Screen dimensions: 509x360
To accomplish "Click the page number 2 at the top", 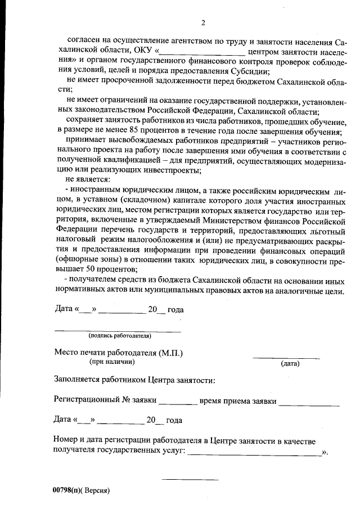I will click(203, 23).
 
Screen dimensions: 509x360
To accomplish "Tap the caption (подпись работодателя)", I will click(119, 336).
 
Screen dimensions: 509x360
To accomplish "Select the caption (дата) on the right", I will click(290, 364).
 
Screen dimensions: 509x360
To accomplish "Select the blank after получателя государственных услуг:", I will click(254, 453).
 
